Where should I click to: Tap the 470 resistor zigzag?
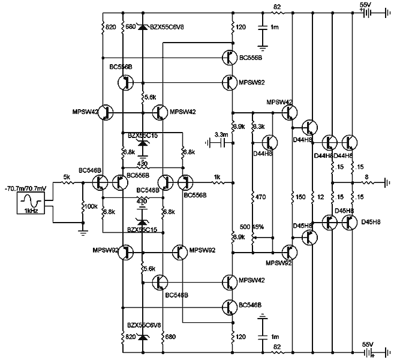252,196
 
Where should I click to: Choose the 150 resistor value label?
300,196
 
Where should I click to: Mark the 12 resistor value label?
320,196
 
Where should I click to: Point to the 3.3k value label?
259,127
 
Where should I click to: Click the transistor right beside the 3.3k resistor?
269,142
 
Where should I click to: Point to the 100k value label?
92,206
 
